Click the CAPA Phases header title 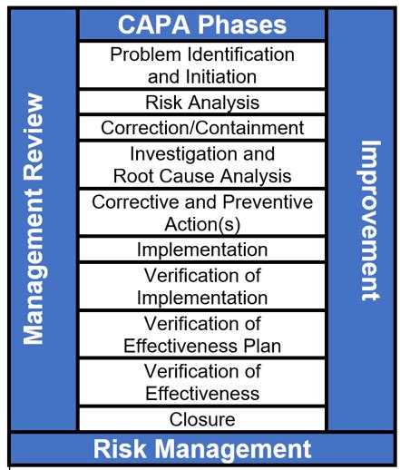pyautogui.click(x=202, y=24)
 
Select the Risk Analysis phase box pyautogui.click(x=202, y=103)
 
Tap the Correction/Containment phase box pyautogui.click(x=202, y=128)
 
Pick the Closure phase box pyautogui.click(x=202, y=419)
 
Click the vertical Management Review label pyautogui.click(x=34, y=219)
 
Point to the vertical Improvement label pyautogui.click(x=371, y=220)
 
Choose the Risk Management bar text pyautogui.click(x=202, y=449)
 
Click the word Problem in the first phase pyautogui.click(x=145, y=54)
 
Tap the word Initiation pyautogui.click(x=221, y=76)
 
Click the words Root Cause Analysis pyautogui.click(x=202, y=176)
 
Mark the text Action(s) pyautogui.click(x=202, y=224)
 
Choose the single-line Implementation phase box pyautogui.click(x=202, y=250)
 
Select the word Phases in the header pyautogui.click(x=242, y=24)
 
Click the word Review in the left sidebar pyautogui.click(x=34, y=137)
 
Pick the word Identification pyautogui.click(x=240, y=54)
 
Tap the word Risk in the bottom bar pyautogui.click(x=119, y=449)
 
